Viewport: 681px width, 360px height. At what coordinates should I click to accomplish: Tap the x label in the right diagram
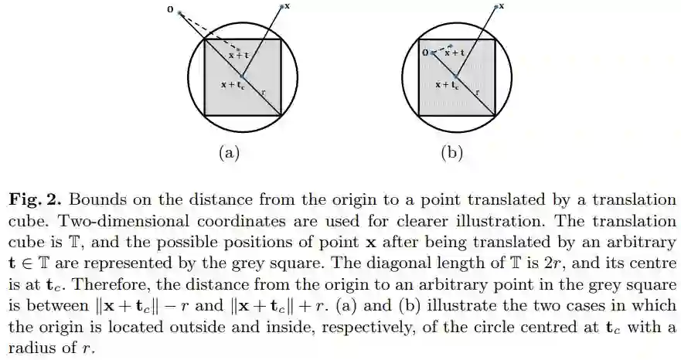[501, 5]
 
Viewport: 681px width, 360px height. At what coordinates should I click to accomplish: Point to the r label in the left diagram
[263, 92]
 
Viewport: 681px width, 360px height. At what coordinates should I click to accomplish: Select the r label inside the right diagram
[477, 92]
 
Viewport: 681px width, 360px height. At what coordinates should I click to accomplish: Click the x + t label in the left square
[239, 55]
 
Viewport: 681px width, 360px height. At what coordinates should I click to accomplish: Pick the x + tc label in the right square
[447, 85]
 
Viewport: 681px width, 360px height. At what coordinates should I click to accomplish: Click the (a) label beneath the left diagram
[226, 152]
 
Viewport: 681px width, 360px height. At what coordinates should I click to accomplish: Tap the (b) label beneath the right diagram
[451, 152]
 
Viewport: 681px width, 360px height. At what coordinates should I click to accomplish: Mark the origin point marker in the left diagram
[179, 13]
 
